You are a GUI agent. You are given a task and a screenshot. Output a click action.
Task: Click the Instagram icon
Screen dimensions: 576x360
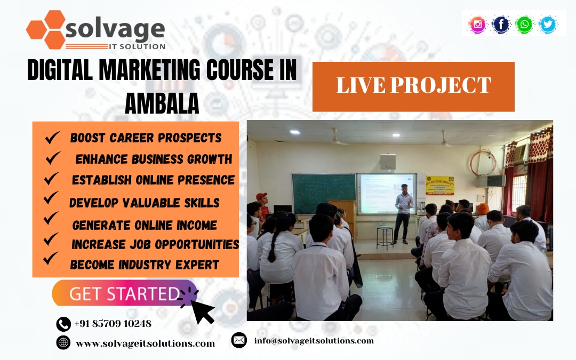(x=477, y=25)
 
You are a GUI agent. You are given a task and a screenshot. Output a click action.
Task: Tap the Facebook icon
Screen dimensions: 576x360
(x=501, y=25)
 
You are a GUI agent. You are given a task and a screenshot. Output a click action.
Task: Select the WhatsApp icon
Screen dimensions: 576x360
(x=524, y=25)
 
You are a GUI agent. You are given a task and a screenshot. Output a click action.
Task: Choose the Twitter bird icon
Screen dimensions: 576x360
(x=548, y=25)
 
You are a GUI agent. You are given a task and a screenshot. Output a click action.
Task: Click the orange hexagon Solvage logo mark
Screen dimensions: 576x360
(x=46, y=29)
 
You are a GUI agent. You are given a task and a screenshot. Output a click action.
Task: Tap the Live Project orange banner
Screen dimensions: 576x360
(x=413, y=87)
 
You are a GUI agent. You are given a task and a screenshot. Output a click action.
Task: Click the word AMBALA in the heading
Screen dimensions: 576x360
(x=162, y=103)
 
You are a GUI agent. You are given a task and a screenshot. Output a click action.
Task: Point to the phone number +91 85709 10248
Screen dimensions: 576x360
(x=113, y=323)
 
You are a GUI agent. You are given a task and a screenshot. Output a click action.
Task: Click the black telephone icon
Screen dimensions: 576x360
(x=63, y=324)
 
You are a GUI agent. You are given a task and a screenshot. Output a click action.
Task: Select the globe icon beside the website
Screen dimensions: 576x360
(x=63, y=342)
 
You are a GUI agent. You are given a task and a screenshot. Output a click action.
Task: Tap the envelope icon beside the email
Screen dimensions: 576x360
(x=239, y=340)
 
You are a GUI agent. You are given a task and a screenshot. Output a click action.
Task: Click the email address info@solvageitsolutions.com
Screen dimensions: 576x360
(x=314, y=340)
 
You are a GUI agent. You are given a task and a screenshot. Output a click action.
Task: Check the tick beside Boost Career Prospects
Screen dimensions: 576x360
(x=52, y=138)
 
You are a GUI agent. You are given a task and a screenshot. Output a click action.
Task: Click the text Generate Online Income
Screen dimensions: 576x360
(x=145, y=225)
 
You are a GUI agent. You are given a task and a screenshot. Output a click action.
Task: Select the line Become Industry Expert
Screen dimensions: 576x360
(x=145, y=265)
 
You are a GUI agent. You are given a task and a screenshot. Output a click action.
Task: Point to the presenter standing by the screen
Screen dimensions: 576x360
(x=403, y=213)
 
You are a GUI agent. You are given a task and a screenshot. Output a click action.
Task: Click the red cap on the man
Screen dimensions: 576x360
(x=261, y=196)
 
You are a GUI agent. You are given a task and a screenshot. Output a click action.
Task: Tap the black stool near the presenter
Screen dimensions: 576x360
(x=385, y=238)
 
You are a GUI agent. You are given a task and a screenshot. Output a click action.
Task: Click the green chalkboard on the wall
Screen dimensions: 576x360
(x=324, y=193)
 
